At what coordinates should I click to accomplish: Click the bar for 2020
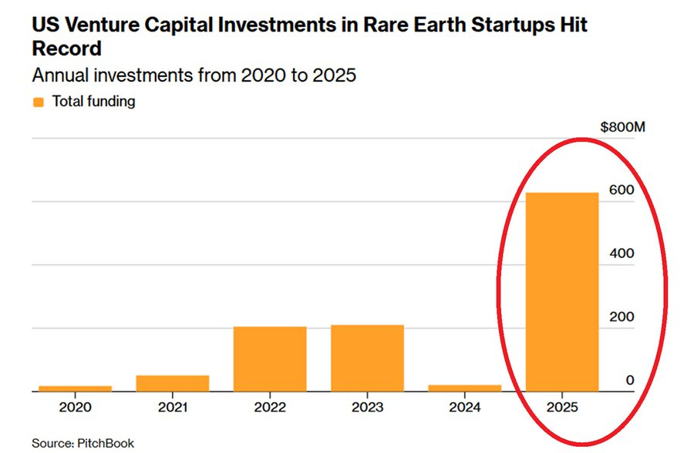point(75,388)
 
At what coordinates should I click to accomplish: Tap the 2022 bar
point(270,359)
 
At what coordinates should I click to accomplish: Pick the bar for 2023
point(367,358)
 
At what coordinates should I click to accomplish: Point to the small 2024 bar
point(465,388)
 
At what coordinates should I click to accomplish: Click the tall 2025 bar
point(562,293)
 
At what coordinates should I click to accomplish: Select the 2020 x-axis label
point(75,407)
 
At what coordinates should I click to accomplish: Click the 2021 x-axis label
point(173,407)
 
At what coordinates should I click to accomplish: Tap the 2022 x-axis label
point(270,407)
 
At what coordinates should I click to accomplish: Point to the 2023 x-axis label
point(367,407)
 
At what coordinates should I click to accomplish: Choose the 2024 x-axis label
point(465,407)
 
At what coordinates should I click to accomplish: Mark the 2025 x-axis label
point(562,407)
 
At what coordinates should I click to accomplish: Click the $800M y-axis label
point(622,127)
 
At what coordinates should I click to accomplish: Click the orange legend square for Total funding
point(38,102)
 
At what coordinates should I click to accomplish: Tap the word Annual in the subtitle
point(58,77)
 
